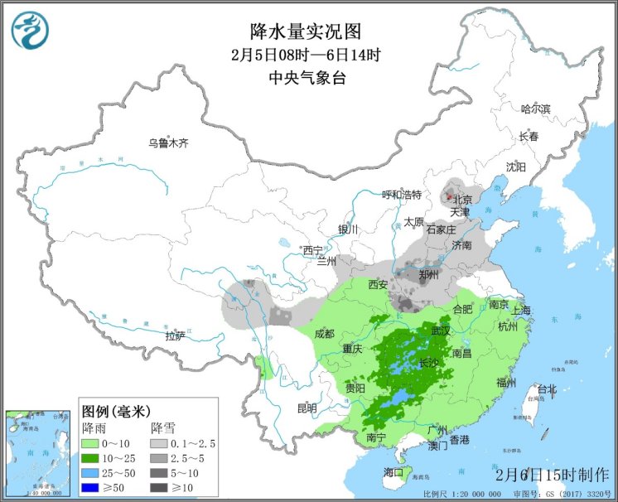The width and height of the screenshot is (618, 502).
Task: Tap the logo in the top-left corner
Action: click(x=30, y=30)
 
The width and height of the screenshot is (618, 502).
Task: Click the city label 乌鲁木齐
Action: click(x=168, y=142)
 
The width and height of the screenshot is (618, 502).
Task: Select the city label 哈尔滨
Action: click(x=535, y=109)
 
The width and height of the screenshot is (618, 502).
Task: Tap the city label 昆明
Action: click(x=307, y=408)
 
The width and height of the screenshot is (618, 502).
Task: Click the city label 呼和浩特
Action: click(x=401, y=195)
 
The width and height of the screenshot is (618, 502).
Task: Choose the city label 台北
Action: click(x=548, y=389)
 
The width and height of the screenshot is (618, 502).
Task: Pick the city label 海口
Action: click(x=393, y=472)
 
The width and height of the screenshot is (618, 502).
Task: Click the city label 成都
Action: click(x=325, y=334)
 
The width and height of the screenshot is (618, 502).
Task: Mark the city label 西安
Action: click(x=378, y=285)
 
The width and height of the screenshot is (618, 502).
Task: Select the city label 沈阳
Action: click(x=515, y=167)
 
